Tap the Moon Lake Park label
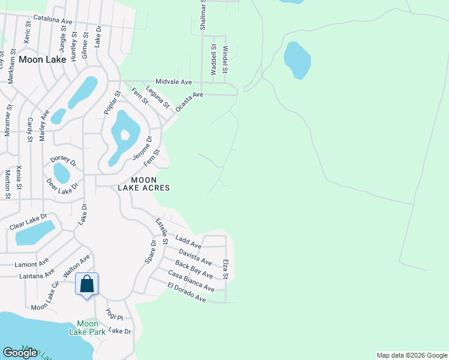tap(87, 328)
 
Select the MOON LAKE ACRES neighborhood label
tap(150, 184)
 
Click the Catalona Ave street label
tap(53, 20)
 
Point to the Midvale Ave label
tap(173, 82)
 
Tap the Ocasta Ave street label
tap(190, 102)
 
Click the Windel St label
tap(225, 60)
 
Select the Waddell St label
tap(213, 59)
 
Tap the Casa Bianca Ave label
tap(191, 281)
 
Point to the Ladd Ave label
tap(188, 242)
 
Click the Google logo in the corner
tap(20, 353)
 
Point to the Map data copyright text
tap(412, 355)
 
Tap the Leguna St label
tap(158, 97)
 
